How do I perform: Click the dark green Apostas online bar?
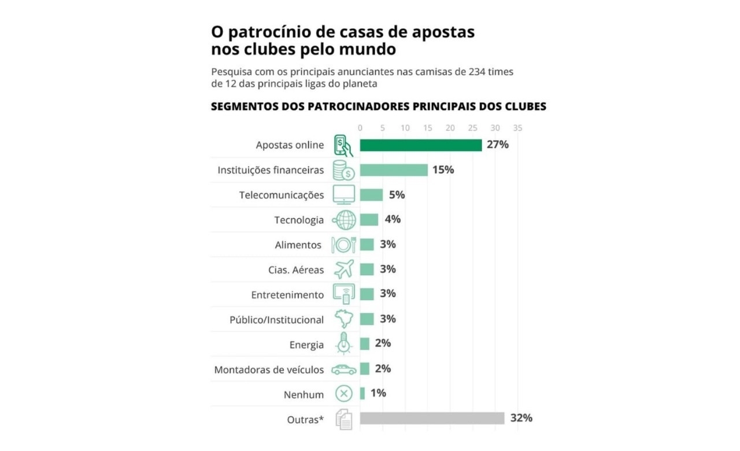tap(420, 145)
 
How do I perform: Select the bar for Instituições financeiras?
tap(394, 170)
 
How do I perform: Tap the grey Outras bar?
tap(432, 418)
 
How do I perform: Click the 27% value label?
tap(497, 145)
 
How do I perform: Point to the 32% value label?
tap(521, 417)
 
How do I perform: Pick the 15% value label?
tap(443, 169)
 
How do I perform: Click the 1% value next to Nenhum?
tap(378, 393)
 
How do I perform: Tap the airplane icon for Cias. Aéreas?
tap(344, 269)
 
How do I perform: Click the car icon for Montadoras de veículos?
tap(344, 369)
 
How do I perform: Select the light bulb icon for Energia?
tap(344, 343)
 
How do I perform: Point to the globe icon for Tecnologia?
tap(345, 220)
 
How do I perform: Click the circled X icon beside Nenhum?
tap(344, 394)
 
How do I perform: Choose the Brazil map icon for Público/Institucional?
tap(344, 319)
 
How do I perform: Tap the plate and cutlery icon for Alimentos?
tap(343, 245)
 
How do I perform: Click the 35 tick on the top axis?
tap(517, 128)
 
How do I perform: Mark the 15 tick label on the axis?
tap(427, 128)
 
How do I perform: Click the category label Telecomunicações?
tap(282, 195)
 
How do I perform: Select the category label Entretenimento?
tap(287, 295)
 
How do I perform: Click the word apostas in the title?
tap(444, 31)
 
